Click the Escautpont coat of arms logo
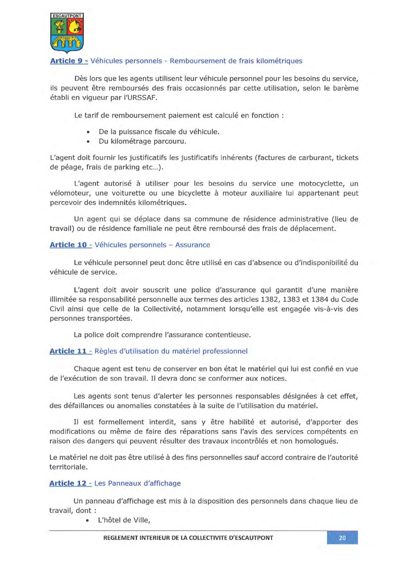67,33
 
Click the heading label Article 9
67,61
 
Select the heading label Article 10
69,245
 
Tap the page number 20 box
342,538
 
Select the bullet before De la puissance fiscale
89,132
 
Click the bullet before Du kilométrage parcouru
89,141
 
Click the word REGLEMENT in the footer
124,538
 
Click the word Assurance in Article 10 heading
192,245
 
